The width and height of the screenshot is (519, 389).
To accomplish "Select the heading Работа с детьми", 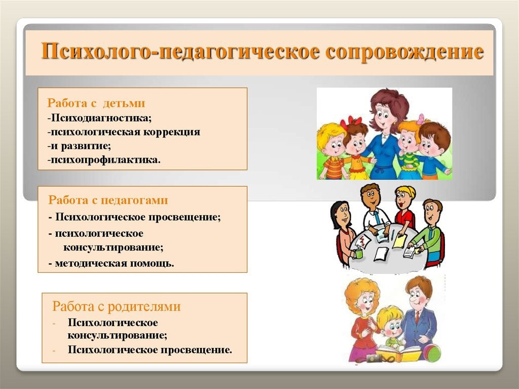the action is (x=96, y=103).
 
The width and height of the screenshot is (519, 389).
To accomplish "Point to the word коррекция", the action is (x=172, y=132).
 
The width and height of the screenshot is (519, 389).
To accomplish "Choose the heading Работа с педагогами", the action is (x=108, y=200).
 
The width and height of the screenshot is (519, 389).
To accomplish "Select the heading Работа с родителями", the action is (x=117, y=306).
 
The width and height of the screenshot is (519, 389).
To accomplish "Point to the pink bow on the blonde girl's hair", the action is (x=421, y=119).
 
